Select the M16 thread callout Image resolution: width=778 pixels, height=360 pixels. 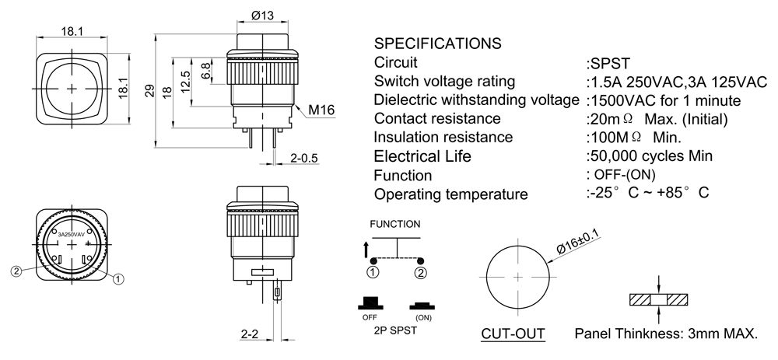click(321, 110)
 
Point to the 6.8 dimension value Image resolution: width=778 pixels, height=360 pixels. click(206, 71)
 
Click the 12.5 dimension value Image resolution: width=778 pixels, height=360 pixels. click(185, 81)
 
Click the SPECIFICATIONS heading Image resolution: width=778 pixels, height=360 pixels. click(436, 43)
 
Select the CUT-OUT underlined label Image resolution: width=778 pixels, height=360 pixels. click(513, 334)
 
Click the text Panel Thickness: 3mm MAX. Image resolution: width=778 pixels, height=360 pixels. click(666, 334)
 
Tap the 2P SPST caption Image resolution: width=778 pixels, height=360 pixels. click(395, 330)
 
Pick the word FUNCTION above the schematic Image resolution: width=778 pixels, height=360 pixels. click(395, 224)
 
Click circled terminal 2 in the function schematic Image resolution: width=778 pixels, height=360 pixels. click(421, 272)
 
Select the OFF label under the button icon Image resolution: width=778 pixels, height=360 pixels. click(370, 318)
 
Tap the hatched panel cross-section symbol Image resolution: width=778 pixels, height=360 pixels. click(659, 300)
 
